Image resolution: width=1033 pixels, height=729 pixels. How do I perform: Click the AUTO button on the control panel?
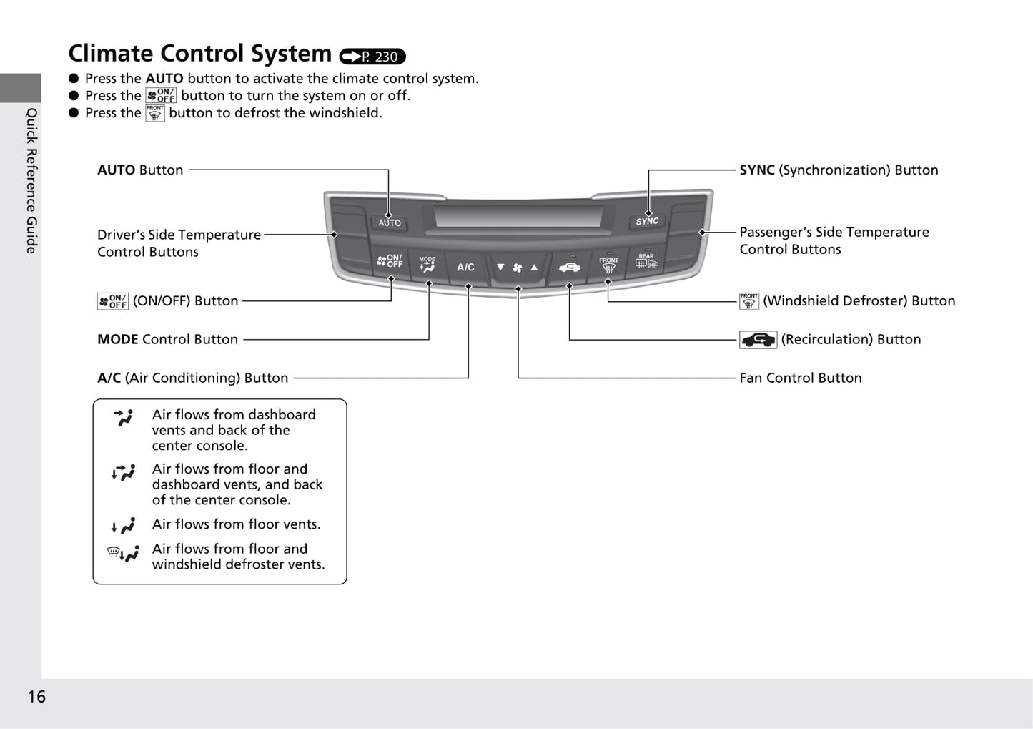[x=390, y=222]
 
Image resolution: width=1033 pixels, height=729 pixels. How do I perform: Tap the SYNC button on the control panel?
[x=647, y=221]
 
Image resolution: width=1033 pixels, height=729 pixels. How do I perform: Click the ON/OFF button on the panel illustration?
[x=390, y=262]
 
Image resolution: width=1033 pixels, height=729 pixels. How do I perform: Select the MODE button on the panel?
[x=427, y=265]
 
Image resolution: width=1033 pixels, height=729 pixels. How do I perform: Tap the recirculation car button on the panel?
[x=569, y=268]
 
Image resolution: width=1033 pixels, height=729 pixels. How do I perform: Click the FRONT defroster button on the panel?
[x=608, y=265]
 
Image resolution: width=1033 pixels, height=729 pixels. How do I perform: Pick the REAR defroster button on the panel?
[x=646, y=262]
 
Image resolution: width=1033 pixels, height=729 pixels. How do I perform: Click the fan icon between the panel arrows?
[x=518, y=268]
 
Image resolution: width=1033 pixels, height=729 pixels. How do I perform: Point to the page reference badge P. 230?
[x=372, y=57]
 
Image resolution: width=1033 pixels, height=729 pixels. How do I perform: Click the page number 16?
[x=36, y=697]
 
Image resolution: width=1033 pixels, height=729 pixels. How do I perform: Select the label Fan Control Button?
[x=800, y=378]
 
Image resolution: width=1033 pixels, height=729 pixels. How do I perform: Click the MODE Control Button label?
[x=167, y=339]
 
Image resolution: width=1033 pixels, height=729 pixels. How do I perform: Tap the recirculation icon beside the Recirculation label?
[x=758, y=340]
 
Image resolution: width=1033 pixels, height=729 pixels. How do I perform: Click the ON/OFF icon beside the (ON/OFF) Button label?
[x=113, y=301]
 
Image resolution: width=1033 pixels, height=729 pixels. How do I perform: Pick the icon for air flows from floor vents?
[x=123, y=527]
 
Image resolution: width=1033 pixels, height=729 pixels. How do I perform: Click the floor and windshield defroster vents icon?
[x=123, y=554]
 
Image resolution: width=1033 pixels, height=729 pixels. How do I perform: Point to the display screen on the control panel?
[x=518, y=216]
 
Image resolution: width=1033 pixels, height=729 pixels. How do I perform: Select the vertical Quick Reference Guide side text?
[x=31, y=180]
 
